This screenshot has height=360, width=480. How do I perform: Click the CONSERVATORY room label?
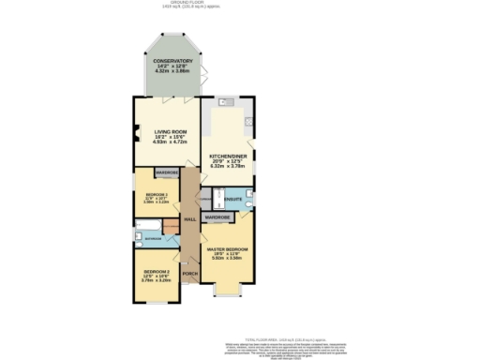[x=173, y=61]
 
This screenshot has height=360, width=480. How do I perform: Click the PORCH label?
[x=189, y=273]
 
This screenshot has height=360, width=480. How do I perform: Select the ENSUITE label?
[x=235, y=200]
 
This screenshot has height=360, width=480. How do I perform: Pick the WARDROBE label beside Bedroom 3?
[x=166, y=173]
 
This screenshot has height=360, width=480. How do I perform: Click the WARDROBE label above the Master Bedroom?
[x=217, y=217]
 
